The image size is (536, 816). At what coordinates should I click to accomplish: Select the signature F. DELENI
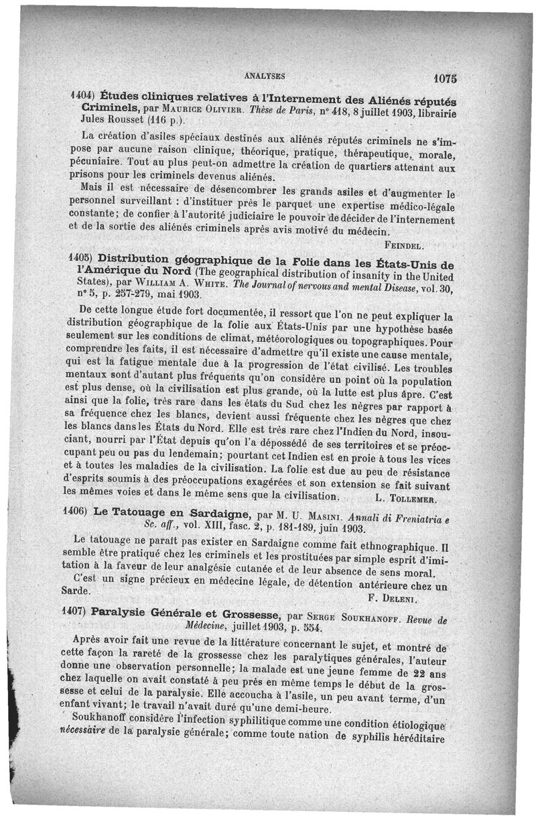(393, 596)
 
